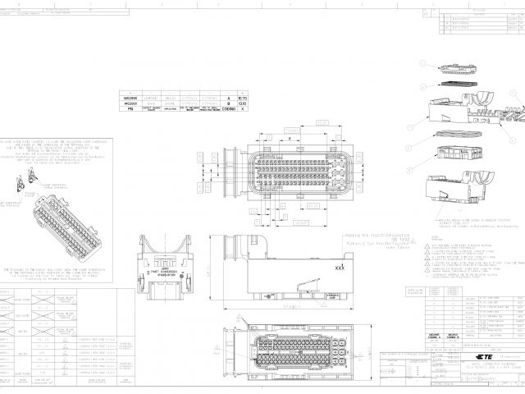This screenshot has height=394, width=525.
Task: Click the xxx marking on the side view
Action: click(x=340, y=268)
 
